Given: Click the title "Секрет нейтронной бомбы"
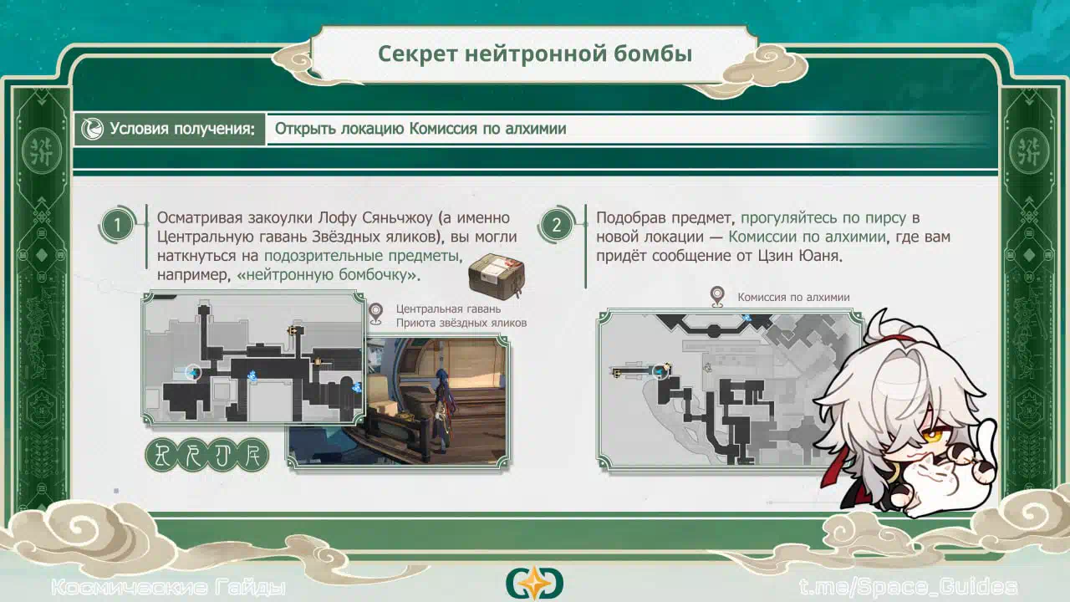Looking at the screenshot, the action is click(535, 54).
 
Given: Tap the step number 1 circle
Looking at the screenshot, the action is click(116, 225).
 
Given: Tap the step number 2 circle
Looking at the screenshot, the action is click(556, 225).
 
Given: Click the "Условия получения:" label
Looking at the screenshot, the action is click(182, 129).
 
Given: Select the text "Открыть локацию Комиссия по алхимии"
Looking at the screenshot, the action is click(420, 129).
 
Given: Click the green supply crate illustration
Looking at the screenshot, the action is click(497, 276).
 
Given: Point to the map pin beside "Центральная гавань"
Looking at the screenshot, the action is click(376, 314).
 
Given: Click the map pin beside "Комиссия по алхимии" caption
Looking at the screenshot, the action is click(717, 296).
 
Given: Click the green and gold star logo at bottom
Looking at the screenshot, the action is click(534, 583).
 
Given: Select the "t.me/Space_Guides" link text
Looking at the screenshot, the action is click(908, 587).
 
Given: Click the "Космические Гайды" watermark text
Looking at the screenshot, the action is click(169, 587).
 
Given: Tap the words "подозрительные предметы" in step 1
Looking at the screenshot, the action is click(362, 256).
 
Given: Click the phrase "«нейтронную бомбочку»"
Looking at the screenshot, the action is click(327, 275).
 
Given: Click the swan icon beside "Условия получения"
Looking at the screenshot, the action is click(92, 129).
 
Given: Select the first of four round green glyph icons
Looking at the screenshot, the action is click(162, 454).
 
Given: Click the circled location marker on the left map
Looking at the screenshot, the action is click(193, 372).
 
